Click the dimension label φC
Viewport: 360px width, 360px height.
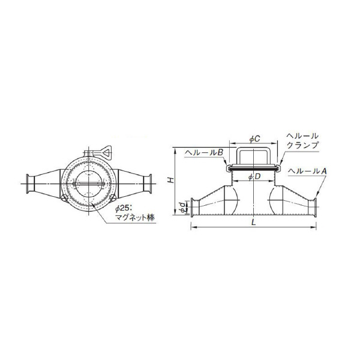click(x=254, y=139)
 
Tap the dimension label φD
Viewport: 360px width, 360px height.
click(x=254, y=176)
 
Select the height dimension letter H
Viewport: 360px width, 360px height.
click(x=170, y=180)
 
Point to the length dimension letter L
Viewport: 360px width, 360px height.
click(x=253, y=222)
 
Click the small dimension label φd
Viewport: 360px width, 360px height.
click(x=182, y=208)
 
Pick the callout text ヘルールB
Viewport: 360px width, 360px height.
click(x=204, y=152)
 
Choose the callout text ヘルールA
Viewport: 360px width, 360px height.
click(x=307, y=171)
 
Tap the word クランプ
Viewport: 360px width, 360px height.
click(x=302, y=145)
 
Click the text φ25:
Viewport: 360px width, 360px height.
click(x=123, y=209)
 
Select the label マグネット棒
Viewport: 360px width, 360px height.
click(x=135, y=217)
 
